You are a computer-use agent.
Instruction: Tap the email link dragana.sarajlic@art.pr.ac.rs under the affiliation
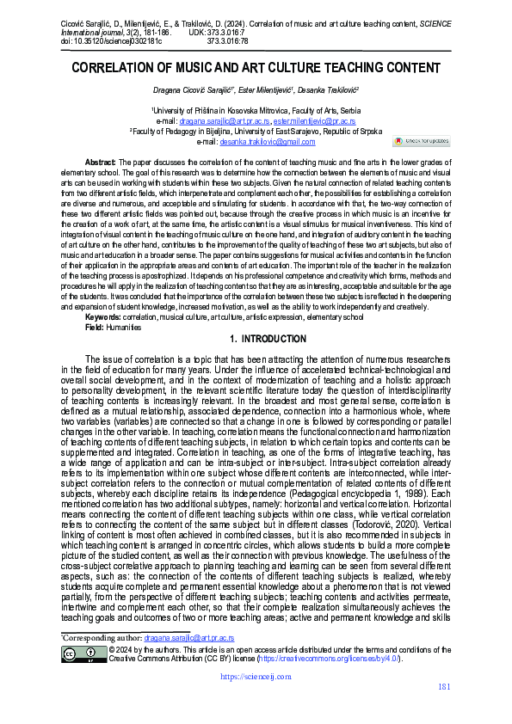coord(225,122)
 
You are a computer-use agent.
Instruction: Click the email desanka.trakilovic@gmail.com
coord(268,142)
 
